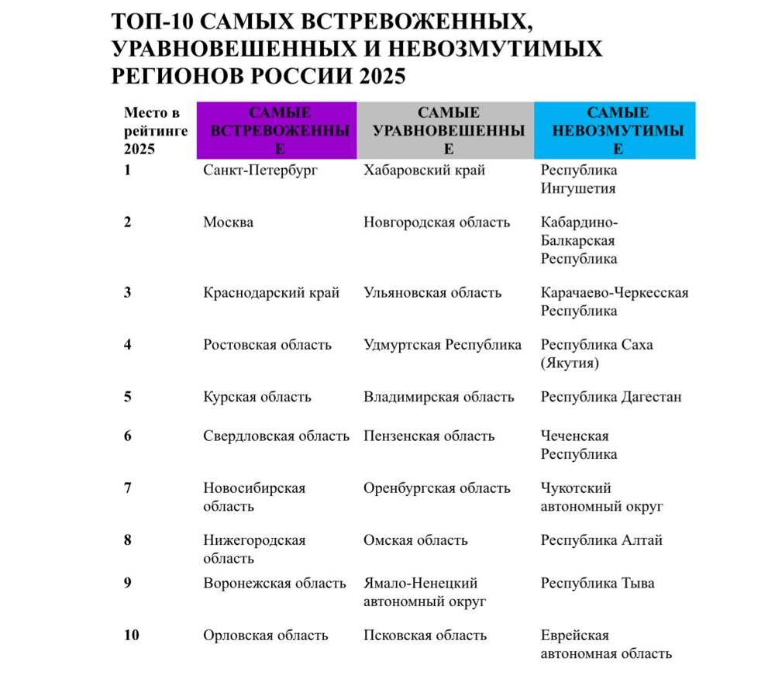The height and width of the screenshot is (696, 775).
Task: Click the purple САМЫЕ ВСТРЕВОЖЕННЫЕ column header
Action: [x=277, y=130]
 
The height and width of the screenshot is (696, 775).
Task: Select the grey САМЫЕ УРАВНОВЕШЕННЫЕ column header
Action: [x=445, y=130]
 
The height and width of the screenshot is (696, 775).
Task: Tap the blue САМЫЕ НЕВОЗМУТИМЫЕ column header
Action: [x=615, y=130]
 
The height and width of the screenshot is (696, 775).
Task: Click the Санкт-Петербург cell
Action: [x=260, y=171]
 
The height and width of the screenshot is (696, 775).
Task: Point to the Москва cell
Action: [x=228, y=222]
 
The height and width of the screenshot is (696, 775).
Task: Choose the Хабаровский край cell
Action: [x=424, y=171]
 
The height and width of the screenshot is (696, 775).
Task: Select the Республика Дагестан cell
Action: [x=611, y=397]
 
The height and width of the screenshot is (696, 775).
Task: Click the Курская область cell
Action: [x=257, y=397]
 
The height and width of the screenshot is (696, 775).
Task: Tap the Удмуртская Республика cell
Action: [x=443, y=345]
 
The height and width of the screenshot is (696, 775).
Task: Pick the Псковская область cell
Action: [x=425, y=636]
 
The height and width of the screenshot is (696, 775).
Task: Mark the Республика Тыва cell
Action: [x=597, y=583]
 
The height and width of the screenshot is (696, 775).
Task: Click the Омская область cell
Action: [x=415, y=540]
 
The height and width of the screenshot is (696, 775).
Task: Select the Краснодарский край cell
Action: [x=271, y=293]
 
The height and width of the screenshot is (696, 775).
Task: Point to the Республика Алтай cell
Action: [x=601, y=540]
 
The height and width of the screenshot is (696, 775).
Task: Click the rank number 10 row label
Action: [x=131, y=636]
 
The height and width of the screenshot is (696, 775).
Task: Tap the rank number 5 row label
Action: [x=127, y=397]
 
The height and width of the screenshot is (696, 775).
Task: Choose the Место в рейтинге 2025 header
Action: [x=155, y=131]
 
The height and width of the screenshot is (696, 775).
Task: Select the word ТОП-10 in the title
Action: [x=152, y=21]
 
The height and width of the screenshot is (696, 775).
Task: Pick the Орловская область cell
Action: [x=266, y=636]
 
